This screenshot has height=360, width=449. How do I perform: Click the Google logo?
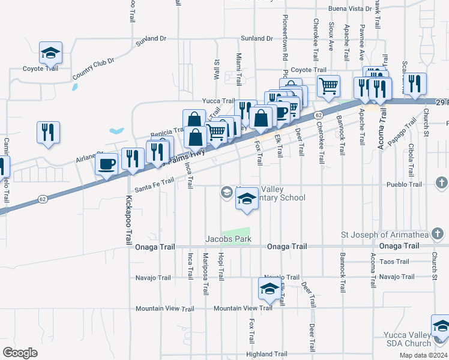[20, 353]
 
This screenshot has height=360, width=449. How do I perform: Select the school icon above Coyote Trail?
[51, 53]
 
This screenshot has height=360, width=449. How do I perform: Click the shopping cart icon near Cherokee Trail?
[328, 86]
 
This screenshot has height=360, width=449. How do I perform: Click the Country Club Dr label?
[93, 68]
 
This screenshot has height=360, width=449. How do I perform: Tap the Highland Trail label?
[267, 354]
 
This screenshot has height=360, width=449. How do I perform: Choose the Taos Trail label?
[394, 262]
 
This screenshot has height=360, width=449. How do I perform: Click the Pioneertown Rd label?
[285, 36]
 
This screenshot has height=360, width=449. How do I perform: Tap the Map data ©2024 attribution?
[423, 356]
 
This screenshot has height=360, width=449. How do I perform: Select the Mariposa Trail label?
[205, 274]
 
